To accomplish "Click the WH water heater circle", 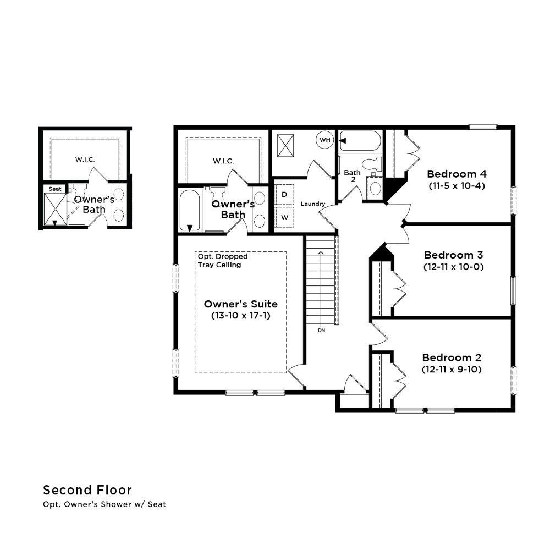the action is click(325, 140).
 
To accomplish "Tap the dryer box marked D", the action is click(284, 194).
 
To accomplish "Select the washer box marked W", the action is click(284, 217).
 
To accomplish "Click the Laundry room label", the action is click(313, 204).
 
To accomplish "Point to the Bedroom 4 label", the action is click(457, 174).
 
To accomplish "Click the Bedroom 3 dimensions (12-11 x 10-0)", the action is click(454, 267).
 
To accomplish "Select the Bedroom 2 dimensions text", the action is click(452, 370).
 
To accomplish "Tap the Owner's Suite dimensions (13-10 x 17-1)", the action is click(241, 316).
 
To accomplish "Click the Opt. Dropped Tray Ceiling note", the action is click(223, 261).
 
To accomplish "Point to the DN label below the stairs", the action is click(321, 330).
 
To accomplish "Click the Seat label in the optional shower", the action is click(55, 189).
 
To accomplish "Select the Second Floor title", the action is click(87, 490).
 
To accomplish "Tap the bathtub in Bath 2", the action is click(360, 141).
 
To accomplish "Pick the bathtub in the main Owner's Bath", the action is click(190, 211).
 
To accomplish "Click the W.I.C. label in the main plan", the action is click(223, 161).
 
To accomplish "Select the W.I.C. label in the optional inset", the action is click(85, 159).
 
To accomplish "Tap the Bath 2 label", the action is click(352, 176).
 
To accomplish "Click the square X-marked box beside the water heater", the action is click(285, 146).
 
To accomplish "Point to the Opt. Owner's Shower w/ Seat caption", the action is click(105, 504).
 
